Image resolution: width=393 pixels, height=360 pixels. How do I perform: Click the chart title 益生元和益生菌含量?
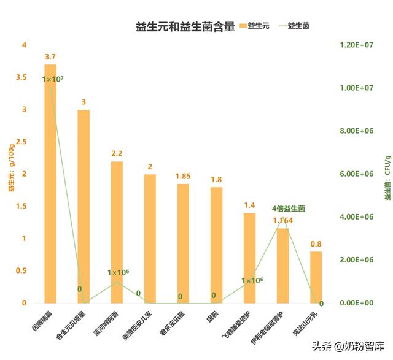tap(185, 27)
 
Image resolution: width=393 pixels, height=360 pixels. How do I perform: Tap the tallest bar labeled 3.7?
tap(50, 184)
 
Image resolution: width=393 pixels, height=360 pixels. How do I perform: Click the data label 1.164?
tap(283, 220)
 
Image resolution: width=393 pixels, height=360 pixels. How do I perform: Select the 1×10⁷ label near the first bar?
tap(53, 79)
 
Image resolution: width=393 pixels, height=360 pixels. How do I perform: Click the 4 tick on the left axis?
tap(24, 45)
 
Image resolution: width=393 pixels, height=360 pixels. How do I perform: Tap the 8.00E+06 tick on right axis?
tap(357, 131)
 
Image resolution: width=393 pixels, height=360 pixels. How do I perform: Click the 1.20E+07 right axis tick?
tap(357, 45)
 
